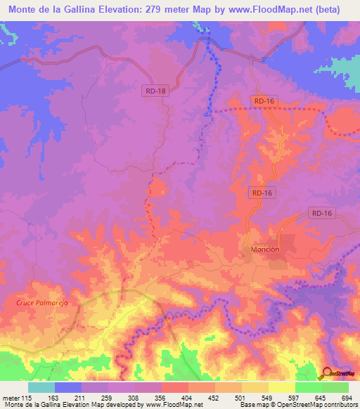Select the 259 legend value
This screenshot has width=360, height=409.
click(108, 398)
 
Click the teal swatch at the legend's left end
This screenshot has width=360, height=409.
click(41, 387)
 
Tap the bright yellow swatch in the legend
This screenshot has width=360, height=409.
click(281, 387)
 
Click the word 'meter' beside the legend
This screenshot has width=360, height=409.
click(11, 398)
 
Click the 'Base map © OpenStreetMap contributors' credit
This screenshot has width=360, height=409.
click(297, 405)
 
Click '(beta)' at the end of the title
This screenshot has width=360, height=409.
click(328, 10)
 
